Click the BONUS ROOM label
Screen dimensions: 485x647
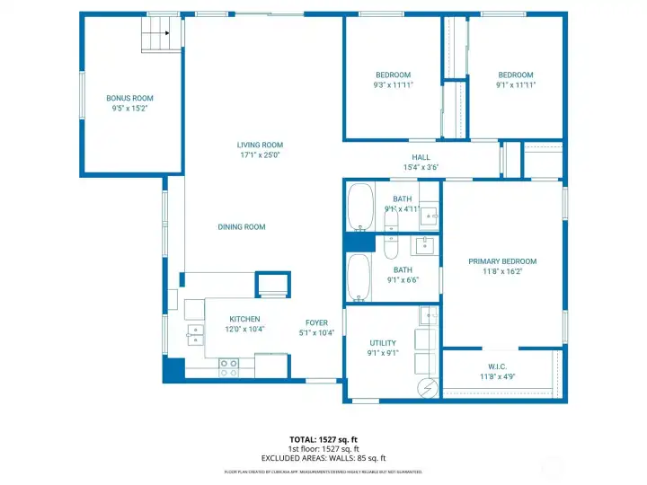(x=130, y=98)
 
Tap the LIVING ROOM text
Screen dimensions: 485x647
(x=260, y=145)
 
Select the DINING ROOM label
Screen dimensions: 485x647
(x=242, y=227)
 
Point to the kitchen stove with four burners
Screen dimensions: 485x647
(x=229, y=366)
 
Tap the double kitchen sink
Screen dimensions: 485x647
(x=195, y=334)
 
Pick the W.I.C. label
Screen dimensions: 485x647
(x=497, y=366)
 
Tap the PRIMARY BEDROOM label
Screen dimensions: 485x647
(x=502, y=261)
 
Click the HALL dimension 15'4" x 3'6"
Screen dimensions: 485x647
(x=421, y=167)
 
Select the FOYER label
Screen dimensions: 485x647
(x=316, y=322)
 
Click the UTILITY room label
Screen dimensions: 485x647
(x=383, y=343)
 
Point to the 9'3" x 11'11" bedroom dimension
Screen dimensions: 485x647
(x=394, y=85)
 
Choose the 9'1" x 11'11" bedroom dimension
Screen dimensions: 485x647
(x=516, y=85)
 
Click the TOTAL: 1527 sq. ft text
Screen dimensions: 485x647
(x=323, y=440)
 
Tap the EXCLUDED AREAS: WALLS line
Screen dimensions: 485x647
(x=323, y=458)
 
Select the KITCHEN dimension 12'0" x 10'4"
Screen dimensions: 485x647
(x=244, y=330)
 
